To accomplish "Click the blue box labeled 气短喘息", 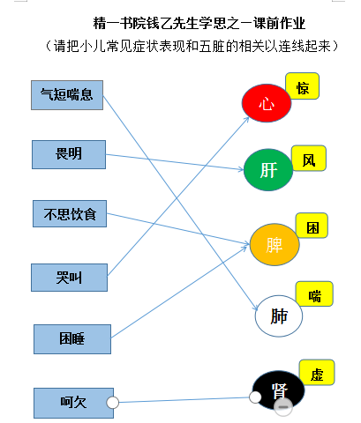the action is pyautogui.click(x=67, y=95).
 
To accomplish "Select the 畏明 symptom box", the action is pyautogui.click(x=69, y=154).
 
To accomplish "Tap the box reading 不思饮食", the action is pyautogui.click(x=70, y=214).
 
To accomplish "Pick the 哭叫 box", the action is pyautogui.click(x=69, y=278).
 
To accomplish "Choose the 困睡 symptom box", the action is pyautogui.click(x=72, y=339).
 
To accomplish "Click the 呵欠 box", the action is pyautogui.click(x=73, y=403).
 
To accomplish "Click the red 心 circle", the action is pyautogui.click(x=267, y=103).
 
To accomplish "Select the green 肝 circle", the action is pyautogui.click(x=268, y=170).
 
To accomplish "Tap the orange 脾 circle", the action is pyautogui.click(x=275, y=244).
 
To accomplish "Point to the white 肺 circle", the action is pyautogui.click(x=279, y=316).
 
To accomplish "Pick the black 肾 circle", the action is pyautogui.click(x=279, y=390).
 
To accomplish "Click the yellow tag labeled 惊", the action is pyautogui.click(x=303, y=86).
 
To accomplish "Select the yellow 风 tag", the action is pyautogui.click(x=309, y=158).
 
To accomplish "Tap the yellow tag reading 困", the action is pyautogui.click(x=312, y=226).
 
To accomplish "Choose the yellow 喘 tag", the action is pyautogui.click(x=314, y=294).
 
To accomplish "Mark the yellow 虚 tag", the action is pyautogui.click(x=317, y=373).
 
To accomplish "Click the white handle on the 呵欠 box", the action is pyautogui.click(x=113, y=403).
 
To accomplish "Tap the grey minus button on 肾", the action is pyautogui.click(x=283, y=407).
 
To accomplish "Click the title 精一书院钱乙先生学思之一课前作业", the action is pyautogui.click(x=199, y=23).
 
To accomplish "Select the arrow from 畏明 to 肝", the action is pyautogui.click(x=175, y=162).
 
